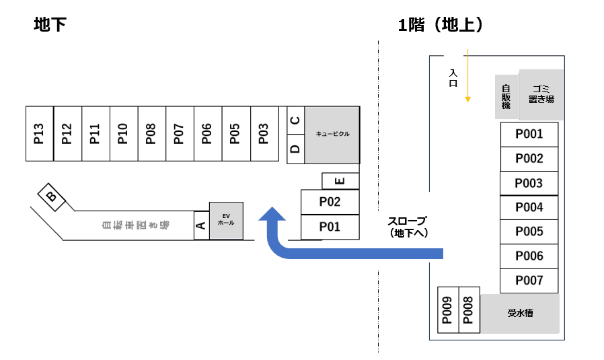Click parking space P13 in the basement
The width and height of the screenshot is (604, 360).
pos(39,133)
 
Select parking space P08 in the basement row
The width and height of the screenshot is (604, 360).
pos(151,133)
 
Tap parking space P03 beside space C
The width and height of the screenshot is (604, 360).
pos(264,133)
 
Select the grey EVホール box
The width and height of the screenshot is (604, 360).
pos(226,220)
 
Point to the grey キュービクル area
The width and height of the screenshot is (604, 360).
pos(332,135)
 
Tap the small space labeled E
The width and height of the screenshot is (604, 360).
pos(340,181)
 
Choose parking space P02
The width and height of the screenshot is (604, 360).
pos(330,202)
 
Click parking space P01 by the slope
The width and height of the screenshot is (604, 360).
pos(330,227)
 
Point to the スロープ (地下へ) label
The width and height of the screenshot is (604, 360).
pos(408,227)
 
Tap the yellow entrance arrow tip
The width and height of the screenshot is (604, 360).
pos(465,100)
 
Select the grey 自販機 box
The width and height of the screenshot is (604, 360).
pos(506,96)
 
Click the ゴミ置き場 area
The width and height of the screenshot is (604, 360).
pos(541,94)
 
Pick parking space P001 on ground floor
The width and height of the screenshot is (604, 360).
pos(529,134)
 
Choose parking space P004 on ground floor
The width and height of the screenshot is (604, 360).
pos(529,207)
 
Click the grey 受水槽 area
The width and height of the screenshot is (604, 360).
pos(520,313)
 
